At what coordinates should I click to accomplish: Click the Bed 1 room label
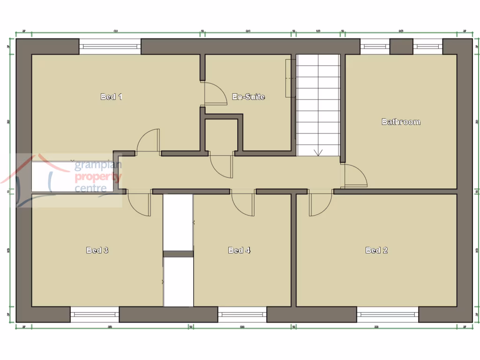[112, 97]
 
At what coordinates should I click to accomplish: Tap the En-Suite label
[249, 97]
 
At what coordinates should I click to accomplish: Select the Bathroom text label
[401, 122]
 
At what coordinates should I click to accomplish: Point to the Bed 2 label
[376, 250]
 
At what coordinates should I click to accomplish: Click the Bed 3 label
[97, 250]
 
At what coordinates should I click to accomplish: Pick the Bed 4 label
[239, 250]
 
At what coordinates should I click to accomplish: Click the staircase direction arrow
[319, 151]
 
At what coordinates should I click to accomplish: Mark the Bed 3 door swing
[139, 204]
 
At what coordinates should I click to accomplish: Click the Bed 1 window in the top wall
[110, 46]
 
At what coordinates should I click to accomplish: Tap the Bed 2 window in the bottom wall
[387, 314]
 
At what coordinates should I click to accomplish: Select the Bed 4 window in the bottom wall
[242, 314]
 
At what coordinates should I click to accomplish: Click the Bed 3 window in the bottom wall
[95, 314]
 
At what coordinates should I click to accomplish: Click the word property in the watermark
[98, 177]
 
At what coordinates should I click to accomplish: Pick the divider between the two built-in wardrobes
[178, 254]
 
